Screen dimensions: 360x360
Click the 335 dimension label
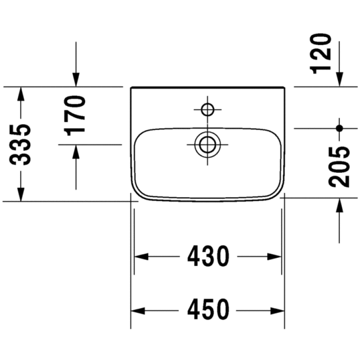[x=20, y=144]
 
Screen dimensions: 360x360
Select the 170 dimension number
[x=75, y=116]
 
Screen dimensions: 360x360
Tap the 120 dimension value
[x=320, y=54]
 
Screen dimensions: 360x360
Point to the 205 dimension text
[x=339, y=167]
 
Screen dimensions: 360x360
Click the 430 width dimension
[x=208, y=256]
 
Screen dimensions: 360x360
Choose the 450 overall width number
[x=208, y=310]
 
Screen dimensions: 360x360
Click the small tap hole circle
[x=207, y=109]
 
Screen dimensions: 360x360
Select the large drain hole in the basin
[x=207, y=144]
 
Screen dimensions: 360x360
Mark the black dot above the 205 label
[x=339, y=128]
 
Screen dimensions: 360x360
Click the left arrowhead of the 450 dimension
[x=138, y=311]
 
